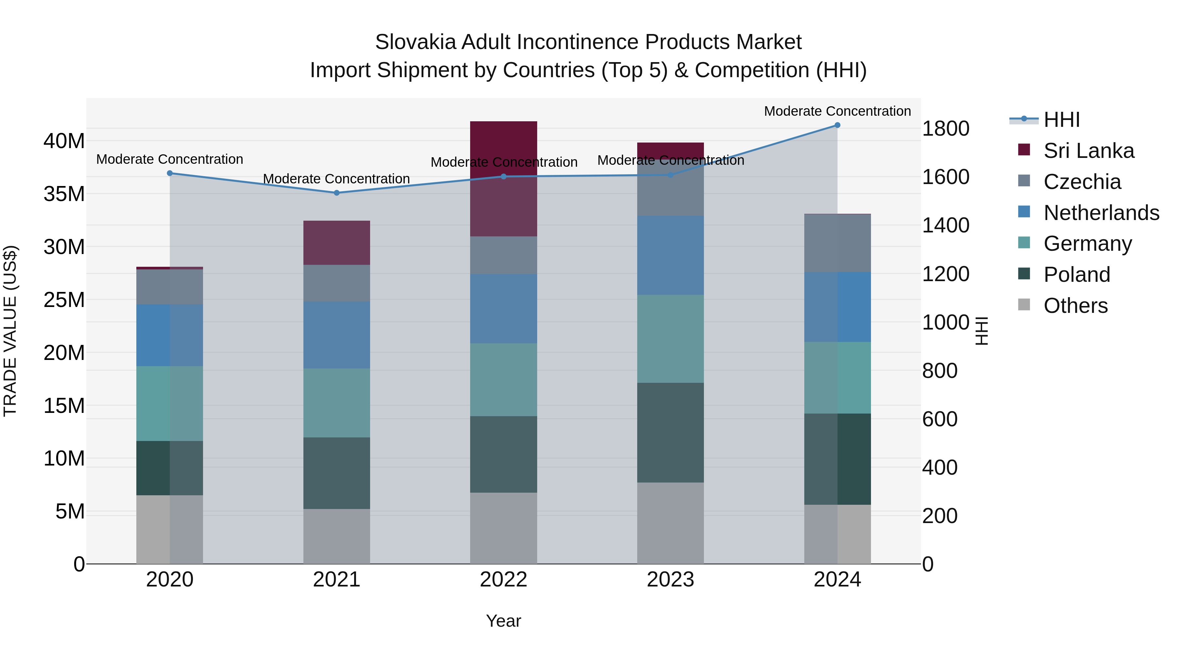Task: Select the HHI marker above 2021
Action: coord(337,193)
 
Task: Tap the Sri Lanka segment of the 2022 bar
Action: coord(503,178)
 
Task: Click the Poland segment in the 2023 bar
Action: coord(670,433)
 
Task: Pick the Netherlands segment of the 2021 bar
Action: coord(337,335)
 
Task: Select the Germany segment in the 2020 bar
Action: coord(169,403)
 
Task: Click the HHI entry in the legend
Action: coord(1061,120)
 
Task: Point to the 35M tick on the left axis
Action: coord(64,194)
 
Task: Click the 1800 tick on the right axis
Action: coord(945,128)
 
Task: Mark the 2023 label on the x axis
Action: coord(670,580)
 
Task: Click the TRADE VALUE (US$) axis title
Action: coord(10,331)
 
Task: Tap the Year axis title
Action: coord(503,621)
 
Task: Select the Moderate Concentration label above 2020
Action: coord(169,159)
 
